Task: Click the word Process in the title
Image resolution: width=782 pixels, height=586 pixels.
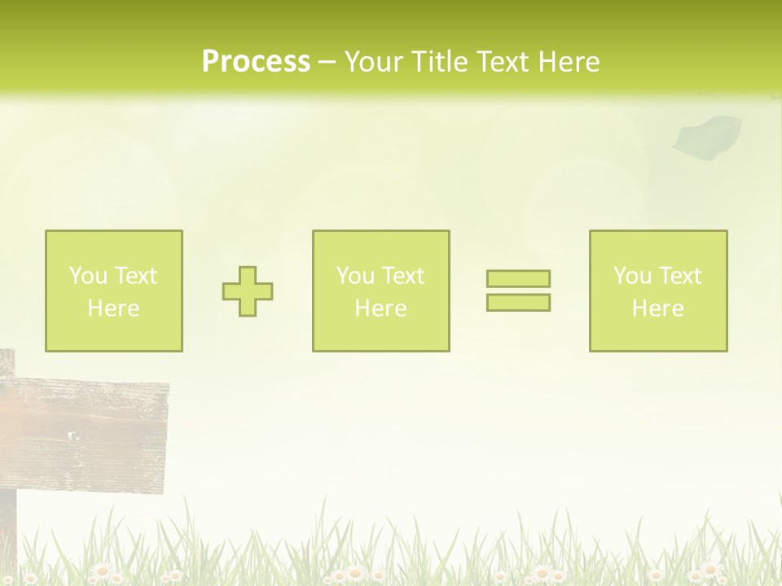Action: click(256, 62)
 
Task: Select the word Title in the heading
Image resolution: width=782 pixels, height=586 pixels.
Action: click(437, 62)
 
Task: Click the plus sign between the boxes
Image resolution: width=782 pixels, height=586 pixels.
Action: click(248, 291)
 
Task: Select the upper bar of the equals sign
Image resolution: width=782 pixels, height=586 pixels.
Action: click(518, 279)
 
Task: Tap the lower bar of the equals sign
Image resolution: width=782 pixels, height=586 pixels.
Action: click(518, 303)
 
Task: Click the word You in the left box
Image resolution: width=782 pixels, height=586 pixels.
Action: click(87, 276)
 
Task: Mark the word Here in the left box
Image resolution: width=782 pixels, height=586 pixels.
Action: click(113, 308)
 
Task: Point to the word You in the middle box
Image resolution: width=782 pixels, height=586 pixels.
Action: click(354, 276)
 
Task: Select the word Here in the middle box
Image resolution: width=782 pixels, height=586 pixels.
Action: click(380, 308)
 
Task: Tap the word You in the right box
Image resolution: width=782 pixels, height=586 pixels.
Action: click(631, 276)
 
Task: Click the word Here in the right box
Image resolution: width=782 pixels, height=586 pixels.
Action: click(657, 308)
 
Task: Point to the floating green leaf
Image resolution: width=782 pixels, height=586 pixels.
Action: click(706, 136)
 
